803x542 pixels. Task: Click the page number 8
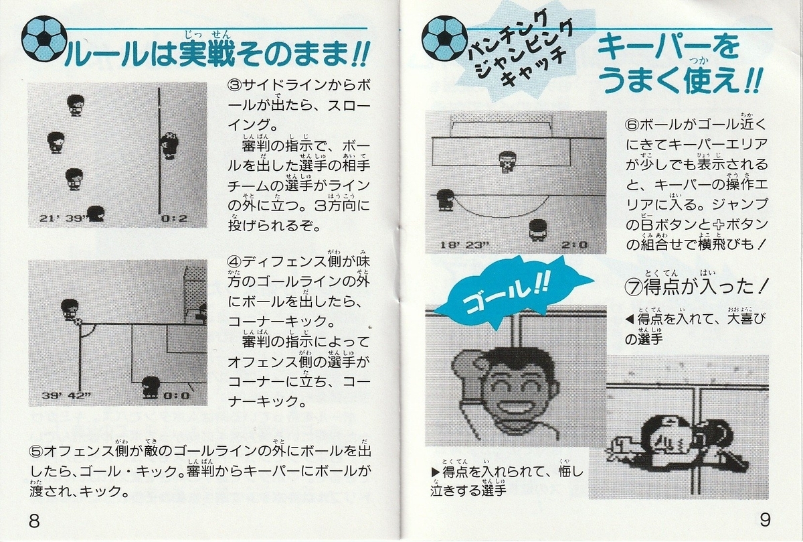pos(34,520)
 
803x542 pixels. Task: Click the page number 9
pos(765,519)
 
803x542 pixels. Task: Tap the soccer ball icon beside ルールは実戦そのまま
pos(44,38)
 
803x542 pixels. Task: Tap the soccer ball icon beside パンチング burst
pos(444,38)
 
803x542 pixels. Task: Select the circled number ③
pos(235,86)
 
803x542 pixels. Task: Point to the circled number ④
pos(235,263)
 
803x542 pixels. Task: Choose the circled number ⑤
pos(37,452)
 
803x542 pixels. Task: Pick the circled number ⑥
pos(632,125)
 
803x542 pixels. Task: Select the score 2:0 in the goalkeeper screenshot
pos(575,245)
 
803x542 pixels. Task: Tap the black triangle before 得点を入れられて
pos(435,472)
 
